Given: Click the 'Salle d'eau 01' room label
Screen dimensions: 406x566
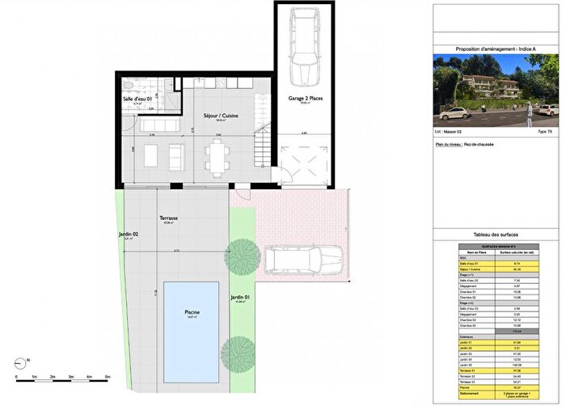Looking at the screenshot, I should click(x=138, y=99).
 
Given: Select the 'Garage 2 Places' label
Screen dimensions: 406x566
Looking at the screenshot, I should click(x=306, y=97).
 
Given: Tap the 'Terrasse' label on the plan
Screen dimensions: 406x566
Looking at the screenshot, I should click(x=169, y=218).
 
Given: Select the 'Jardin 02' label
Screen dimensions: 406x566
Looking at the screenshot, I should click(x=129, y=234).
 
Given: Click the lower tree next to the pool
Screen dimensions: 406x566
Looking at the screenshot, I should click(x=237, y=349).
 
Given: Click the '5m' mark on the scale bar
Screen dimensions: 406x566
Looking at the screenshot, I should click(x=107, y=378).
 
